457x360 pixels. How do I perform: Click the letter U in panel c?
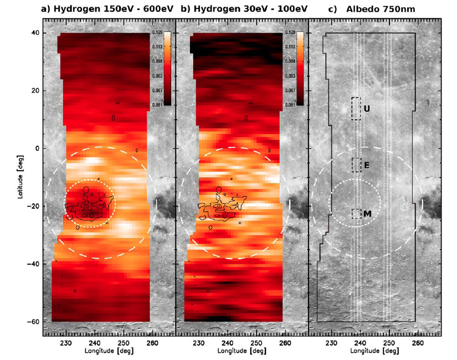point(366,109)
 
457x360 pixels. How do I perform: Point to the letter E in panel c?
point(366,165)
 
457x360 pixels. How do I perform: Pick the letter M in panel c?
point(367,213)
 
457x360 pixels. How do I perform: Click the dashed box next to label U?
point(356,109)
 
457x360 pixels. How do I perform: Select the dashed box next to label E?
point(356,165)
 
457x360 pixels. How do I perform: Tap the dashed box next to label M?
point(356,213)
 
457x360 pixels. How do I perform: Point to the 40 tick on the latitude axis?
point(35,33)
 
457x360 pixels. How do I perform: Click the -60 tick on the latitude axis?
point(34,321)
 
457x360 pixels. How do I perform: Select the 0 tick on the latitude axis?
point(37,148)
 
